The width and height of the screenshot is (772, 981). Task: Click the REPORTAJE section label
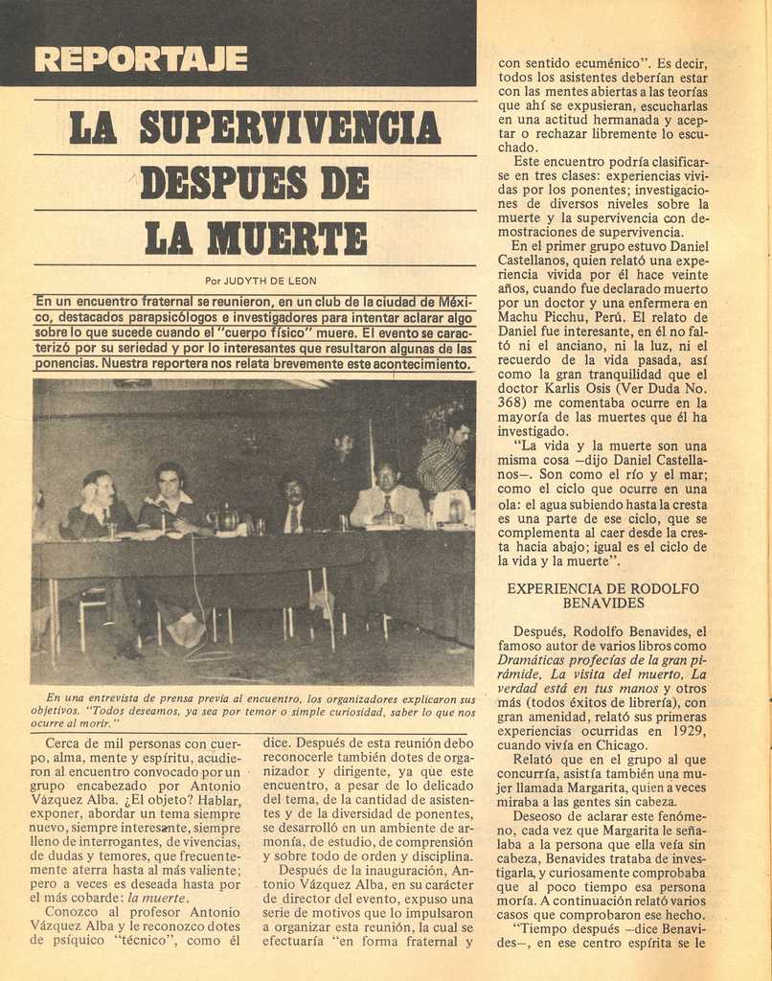point(141,59)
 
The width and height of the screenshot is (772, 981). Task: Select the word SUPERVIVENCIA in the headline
point(290,128)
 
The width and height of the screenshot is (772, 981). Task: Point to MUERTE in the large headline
point(287,238)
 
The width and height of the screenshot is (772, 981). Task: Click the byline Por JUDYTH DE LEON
point(261,282)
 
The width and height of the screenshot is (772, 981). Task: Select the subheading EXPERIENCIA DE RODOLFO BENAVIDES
point(602,596)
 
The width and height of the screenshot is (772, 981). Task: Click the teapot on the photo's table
point(227,518)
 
